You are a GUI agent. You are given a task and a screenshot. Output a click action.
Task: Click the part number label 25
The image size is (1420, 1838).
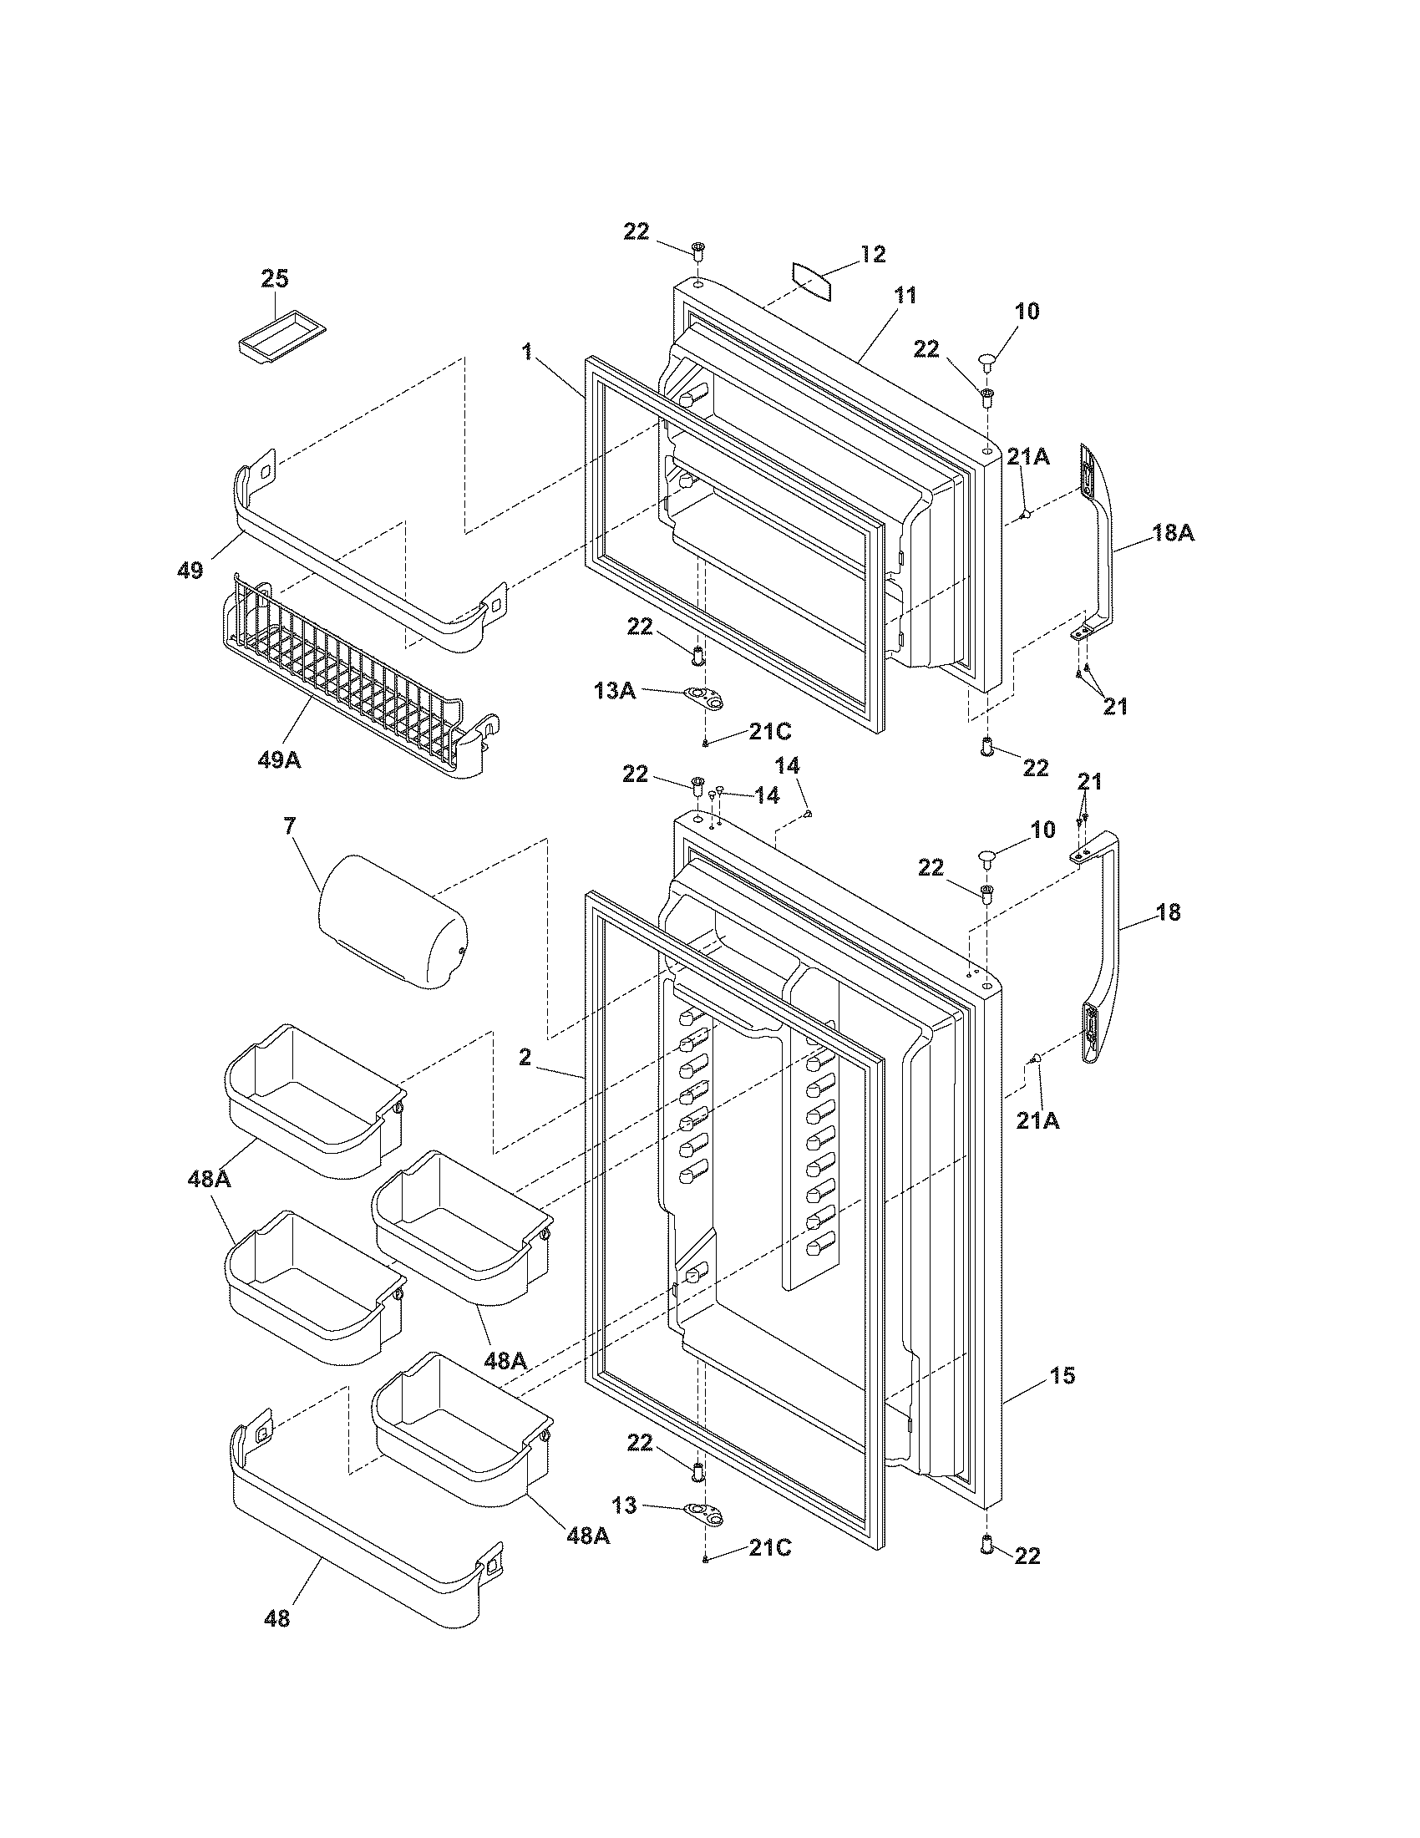point(274,278)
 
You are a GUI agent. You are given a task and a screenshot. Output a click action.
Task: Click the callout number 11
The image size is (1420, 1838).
point(905,296)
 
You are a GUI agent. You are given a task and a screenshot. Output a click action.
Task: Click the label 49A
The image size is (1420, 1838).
point(280,760)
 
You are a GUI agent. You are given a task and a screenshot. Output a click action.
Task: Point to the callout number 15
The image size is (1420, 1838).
point(1062,1376)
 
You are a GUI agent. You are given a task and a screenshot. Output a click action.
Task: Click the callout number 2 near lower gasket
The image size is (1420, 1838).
point(525,1058)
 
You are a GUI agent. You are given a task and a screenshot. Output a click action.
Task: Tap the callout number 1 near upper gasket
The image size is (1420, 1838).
point(527,352)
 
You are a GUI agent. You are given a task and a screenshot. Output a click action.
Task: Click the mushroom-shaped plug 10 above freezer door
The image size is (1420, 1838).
point(988,363)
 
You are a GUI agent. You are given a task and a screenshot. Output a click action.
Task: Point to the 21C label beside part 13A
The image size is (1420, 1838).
point(770,731)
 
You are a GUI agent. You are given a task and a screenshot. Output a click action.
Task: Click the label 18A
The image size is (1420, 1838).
point(1173,533)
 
